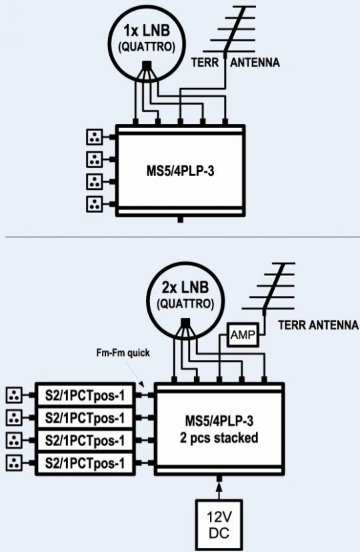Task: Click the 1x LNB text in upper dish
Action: pyautogui.click(x=147, y=31)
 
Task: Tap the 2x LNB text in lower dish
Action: pyautogui.click(x=185, y=287)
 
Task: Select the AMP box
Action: pyautogui.click(x=243, y=335)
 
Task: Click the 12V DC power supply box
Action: pyautogui.click(x=219, y=525)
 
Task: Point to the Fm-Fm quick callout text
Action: pyautogui.click(x=123, y=353)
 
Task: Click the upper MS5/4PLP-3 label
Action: pyautogui.click(x=180, y=171)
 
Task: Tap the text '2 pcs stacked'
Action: pyautogui.click(x=219, y=438)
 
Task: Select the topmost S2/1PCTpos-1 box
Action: pyautogui.click(x=85, y=395)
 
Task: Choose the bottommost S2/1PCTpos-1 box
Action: pyautogui.click(x=85, y=463)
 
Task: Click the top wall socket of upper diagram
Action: pyautogui.click(x=94, y=137)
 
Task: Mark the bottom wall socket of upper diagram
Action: pyautogui.click(x=94, y=204)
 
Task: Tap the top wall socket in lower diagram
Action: pyautogui.click(x=14, y=395)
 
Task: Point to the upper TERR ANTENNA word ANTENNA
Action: pyautogui.click(x=255, y=63)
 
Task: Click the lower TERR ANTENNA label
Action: pyautogui.click(x=318, y=325)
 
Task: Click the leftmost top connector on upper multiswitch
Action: pyautogui.click(x=135, y=122)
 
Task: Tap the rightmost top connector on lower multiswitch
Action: pyautogui.click(x=264, y=379)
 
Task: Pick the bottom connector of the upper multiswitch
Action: pyautogui.click(x=180, y=220)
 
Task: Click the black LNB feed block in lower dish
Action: pyautogui.click(x=185, y=323)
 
